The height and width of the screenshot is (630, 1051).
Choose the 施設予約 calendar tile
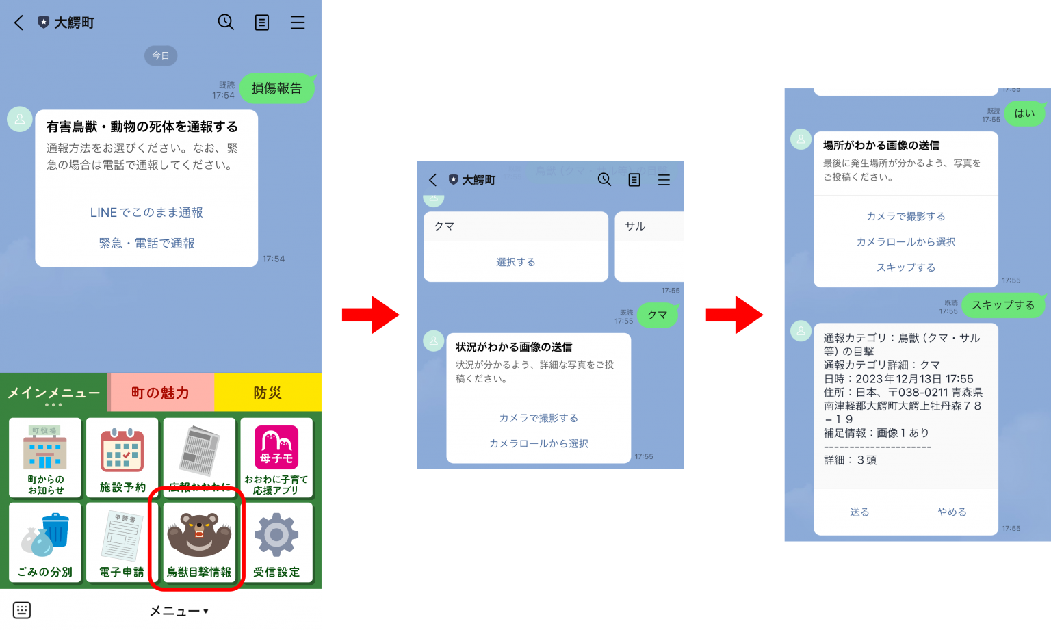point(122,457)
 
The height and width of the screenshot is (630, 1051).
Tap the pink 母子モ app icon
point(276,447)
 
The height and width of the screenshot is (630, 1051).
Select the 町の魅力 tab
point(160,393)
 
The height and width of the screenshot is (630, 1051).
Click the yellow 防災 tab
point(268,393)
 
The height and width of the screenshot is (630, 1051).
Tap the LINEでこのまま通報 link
point(146,213)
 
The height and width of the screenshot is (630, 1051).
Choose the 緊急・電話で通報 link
point(146,244)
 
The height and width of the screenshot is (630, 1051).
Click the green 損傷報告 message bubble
point(276,88)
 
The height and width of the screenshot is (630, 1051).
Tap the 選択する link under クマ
point(516,262)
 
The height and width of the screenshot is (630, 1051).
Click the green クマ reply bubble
point(658,315)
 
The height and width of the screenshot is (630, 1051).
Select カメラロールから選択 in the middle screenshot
point(539,443)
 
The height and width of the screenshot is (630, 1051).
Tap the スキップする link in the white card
point(906,267)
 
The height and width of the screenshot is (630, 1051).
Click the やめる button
point(952,512)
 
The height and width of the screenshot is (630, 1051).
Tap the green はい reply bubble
point(1024,114)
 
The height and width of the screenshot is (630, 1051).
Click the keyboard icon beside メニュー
point(22,610)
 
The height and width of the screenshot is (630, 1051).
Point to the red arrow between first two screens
point(370,315)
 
